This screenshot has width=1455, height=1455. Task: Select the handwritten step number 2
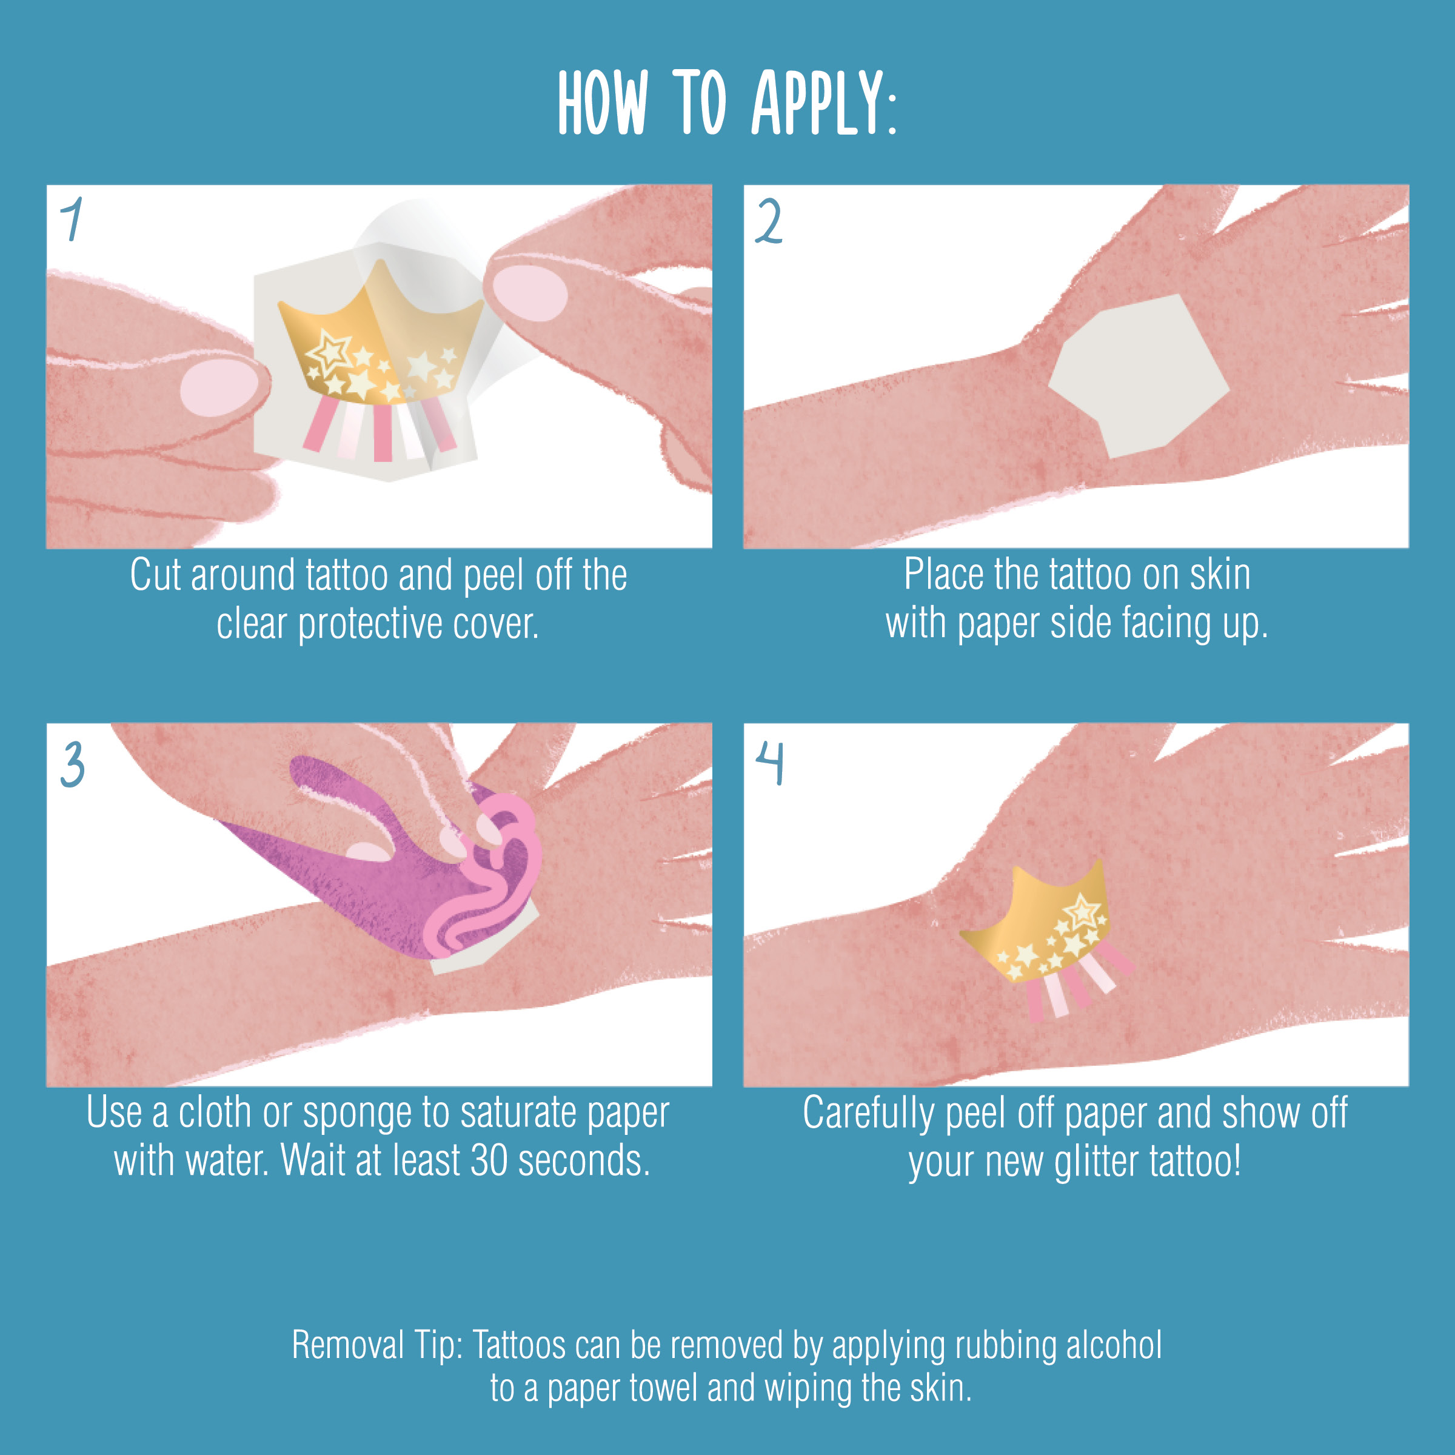(769, 221)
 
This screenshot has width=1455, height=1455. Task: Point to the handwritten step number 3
(72, 764)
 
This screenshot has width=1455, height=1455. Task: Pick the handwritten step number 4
(770, 763)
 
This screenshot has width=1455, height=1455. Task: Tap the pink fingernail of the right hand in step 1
(530, 292)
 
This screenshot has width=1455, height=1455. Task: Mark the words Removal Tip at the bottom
(377, 1346)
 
